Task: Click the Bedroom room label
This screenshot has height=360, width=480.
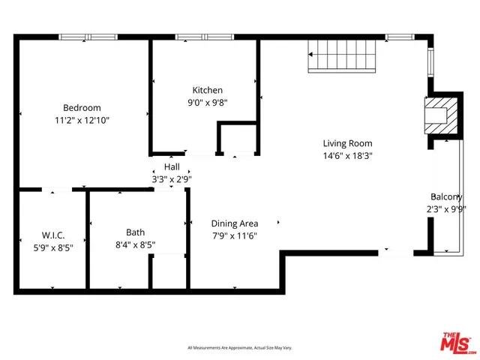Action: [x=82, y=107]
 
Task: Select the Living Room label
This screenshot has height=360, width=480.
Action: [x=347, y=143]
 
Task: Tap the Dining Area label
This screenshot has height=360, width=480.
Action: [x=235, y=223]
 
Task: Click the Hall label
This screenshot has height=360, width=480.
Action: [x=172, y=166]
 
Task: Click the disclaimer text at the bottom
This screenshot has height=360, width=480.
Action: [x=239, y=348]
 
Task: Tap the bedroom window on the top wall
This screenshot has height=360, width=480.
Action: [x=88, y=36]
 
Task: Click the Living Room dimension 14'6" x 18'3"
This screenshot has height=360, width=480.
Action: [x=347, y=156]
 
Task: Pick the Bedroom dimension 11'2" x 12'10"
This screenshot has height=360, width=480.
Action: [x=82, y=120]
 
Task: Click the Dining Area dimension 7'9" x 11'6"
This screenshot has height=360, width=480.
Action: [x=235, y=236]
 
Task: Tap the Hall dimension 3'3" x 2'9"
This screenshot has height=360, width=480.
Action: [x=172, y=179]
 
